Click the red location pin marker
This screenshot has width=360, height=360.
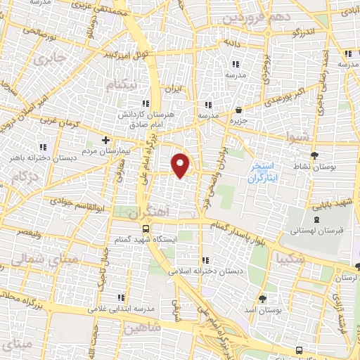(182, 165)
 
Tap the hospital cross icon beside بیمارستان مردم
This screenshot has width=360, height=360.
(105, 139)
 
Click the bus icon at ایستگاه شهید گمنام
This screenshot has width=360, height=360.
(146, 229)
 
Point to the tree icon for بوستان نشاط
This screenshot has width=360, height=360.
(314, 155)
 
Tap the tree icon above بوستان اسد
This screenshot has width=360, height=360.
(262, 297)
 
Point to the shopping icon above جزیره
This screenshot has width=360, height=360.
(239, 110)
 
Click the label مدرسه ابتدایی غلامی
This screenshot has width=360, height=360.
(120, 309)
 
